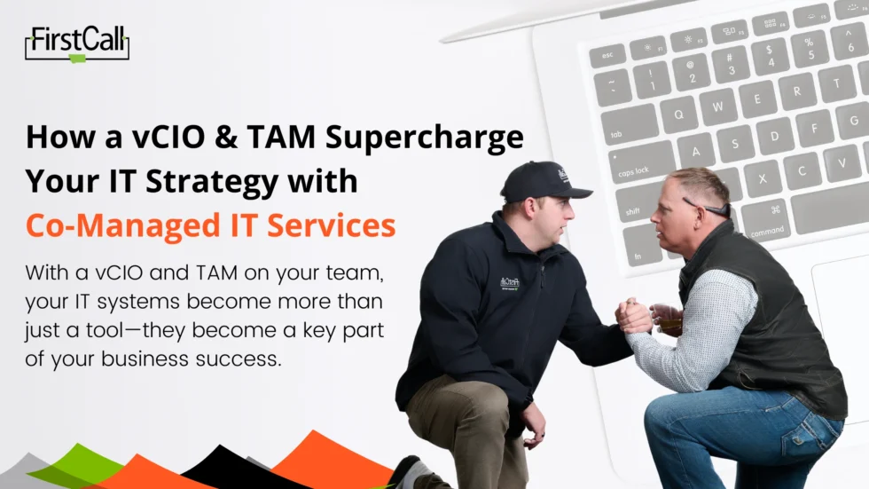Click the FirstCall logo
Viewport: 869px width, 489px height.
77,43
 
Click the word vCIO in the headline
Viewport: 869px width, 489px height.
168,137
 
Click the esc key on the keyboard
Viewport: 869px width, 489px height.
608,55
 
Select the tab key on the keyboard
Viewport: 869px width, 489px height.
629,125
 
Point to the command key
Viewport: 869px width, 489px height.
767,220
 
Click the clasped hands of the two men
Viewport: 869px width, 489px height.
634,317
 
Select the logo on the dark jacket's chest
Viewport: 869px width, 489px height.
509,283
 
